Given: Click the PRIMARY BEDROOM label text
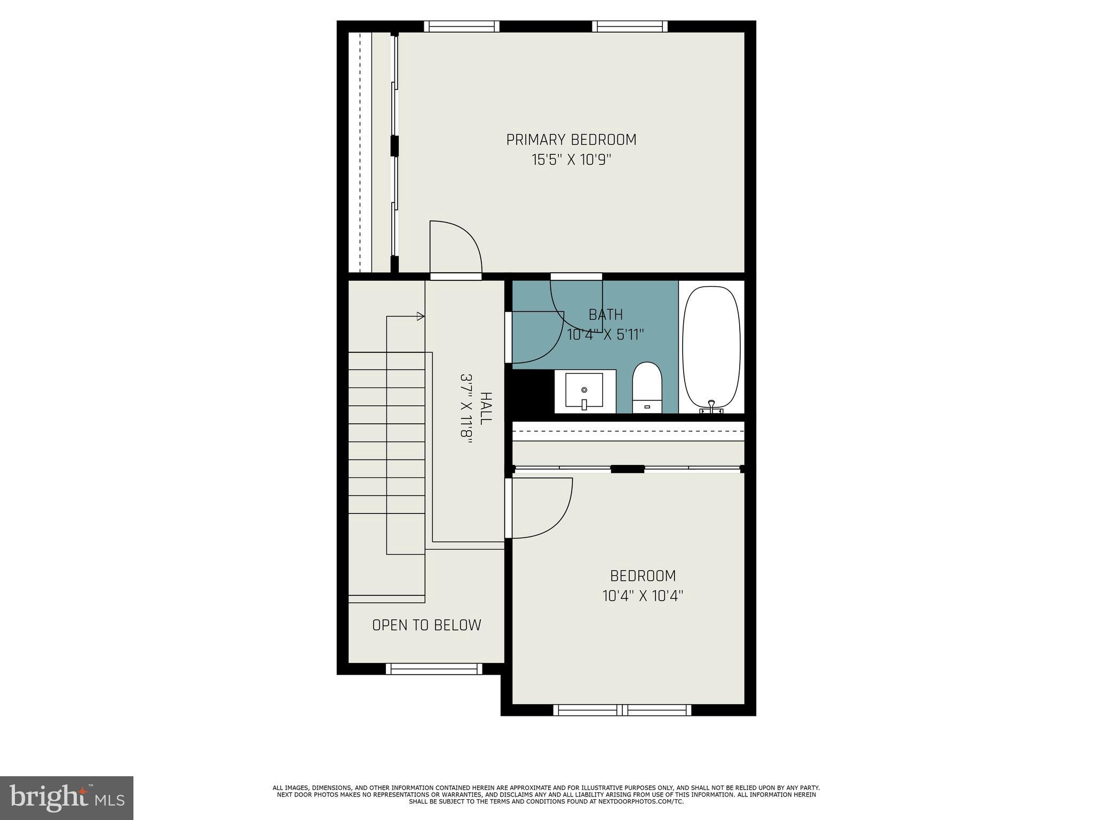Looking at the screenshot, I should [x=571, y=140].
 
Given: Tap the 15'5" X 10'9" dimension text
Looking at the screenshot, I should [x=571, y=160].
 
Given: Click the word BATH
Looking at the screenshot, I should [x=606, y=314].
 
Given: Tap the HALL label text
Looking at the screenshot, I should [x=486, y=408].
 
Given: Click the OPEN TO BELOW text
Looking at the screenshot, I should [x=426, y=625].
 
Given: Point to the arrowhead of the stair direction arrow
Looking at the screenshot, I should [x=421, y=317].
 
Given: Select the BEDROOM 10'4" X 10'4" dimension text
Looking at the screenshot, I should [x=643, y=596].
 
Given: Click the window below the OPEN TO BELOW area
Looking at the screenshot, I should [x=433, y=669].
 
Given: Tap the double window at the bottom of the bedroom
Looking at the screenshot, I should [x=622, y=710].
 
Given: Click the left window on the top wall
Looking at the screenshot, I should [x=462, y=26].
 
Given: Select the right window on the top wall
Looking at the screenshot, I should [x=630, y=26].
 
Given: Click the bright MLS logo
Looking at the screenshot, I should [x=66, y=798].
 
